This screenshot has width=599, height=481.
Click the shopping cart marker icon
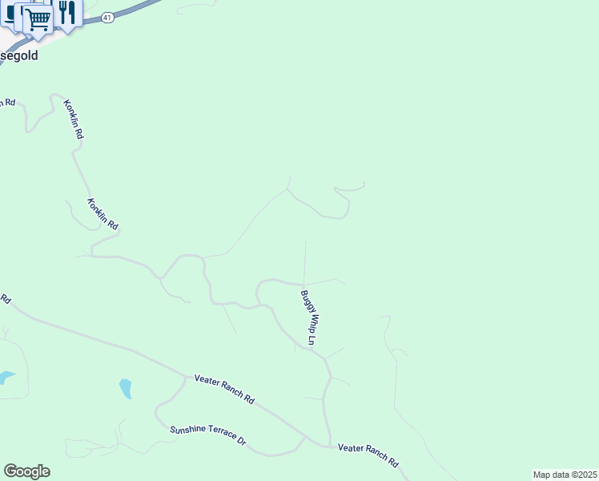click(38, 18)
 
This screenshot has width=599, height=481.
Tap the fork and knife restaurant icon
click(66, 12)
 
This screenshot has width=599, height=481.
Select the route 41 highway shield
click(107, 17)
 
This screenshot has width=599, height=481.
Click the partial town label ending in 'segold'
click(18, 57)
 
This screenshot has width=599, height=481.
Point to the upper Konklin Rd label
click(73, 120)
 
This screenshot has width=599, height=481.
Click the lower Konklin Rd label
click(103, 214)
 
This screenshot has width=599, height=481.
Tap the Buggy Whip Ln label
click(310, 318)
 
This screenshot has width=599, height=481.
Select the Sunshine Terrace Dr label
click(207, 435)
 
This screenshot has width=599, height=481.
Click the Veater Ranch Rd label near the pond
click(224, 388)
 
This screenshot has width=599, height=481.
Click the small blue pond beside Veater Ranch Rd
click(126, 389)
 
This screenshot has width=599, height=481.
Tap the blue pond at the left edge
click(5, 376)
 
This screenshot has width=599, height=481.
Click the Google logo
click(26, 471)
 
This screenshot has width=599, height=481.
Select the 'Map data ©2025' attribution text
click(565, 475)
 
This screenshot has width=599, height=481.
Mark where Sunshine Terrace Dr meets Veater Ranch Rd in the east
click(307, 438)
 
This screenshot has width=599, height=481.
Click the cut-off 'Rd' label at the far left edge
click(5, 299)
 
